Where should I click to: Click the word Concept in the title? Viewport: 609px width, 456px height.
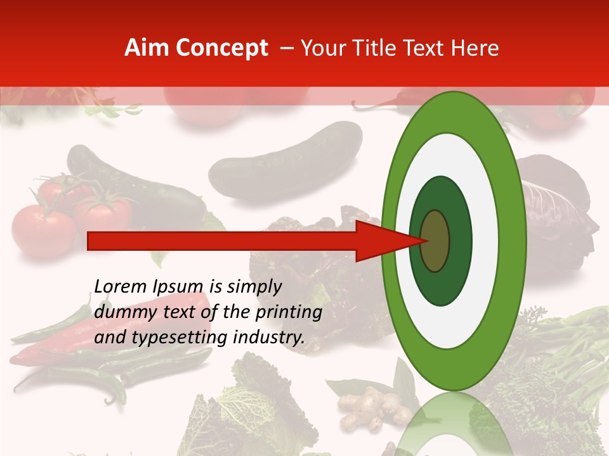pos(221,48)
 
